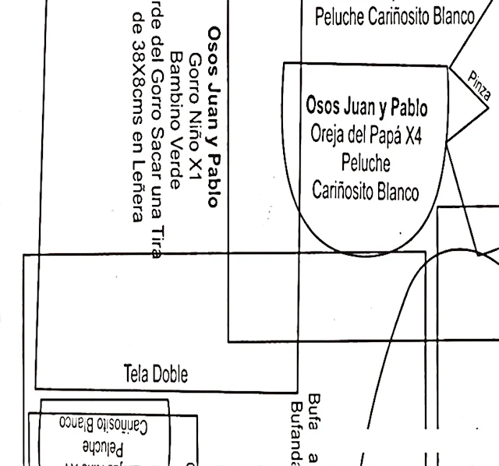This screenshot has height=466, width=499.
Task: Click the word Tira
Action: tap(158, 234)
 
